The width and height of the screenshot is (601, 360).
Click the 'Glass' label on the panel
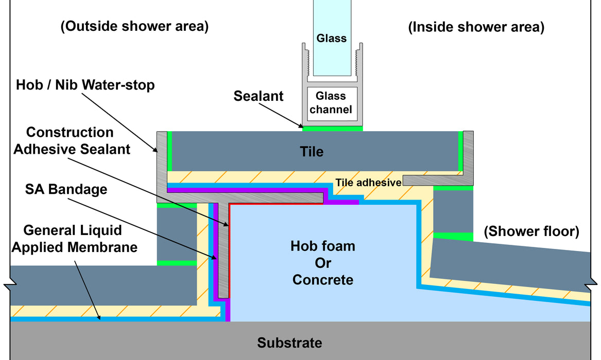click(x=332, y=38)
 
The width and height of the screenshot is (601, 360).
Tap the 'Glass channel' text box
click(x=331, y=102)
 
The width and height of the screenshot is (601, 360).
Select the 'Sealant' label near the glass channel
click(x=259, y=96)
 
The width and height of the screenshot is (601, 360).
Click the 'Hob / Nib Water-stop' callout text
click(x=85, y=85)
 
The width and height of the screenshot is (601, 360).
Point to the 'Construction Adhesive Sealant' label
click(x=72, y=141)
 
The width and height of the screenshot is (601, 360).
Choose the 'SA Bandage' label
click(x=66, y=189)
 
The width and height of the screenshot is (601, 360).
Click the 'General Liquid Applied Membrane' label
click(x=74, y=239)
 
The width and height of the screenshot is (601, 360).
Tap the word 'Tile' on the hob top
click(x=312, y=152)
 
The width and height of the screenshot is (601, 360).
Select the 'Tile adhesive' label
click(x=368, y=183)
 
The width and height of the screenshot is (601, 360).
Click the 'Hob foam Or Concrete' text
click(x=323, y=263)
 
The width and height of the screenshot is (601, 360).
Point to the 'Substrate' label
click(x=289, y=343)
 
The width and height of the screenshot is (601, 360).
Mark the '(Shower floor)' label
click(x=531, y=231)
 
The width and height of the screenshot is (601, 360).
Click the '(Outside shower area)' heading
click(x=134, y=26)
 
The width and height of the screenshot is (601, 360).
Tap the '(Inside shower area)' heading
click(x=476, y=27)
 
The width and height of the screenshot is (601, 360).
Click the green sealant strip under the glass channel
click(x=332, y=129)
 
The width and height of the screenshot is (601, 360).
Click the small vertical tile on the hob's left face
click(x=177, y=234)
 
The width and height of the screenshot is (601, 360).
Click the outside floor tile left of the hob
click(x=104, y=285)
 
